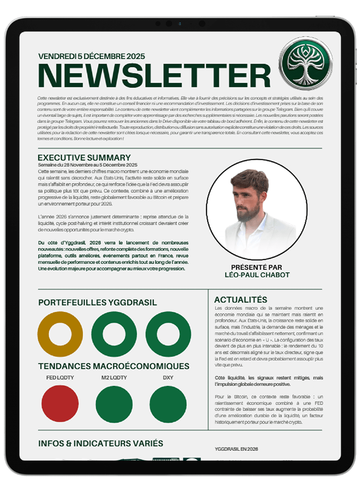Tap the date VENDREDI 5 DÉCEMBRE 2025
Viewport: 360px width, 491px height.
[x=92, y=56]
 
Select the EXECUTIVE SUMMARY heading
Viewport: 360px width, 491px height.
[x=84, y=158]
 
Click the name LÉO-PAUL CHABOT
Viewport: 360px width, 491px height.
[x=257, y=275]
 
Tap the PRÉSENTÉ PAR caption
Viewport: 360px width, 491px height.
[x=257, y=267]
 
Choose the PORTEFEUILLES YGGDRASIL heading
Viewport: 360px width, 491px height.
[x=97, y=303]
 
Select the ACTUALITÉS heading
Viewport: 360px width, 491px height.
[x=240, y=300]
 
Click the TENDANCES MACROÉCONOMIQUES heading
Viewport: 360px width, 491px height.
[x=114, y=366]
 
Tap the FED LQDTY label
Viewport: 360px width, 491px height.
[x=60, y=377]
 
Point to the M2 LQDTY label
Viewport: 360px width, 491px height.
[x=114, y=377]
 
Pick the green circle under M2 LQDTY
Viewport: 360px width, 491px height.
[x=114, y=404]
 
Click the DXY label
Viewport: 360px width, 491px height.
[x=168, y=377]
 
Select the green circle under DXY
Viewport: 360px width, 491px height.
[x=168, y=404]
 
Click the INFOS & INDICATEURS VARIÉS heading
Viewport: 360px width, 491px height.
[x=101, y=443]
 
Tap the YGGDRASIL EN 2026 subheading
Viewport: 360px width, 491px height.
[x=236, y=449]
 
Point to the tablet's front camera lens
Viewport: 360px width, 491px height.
[x=180, y=23]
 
